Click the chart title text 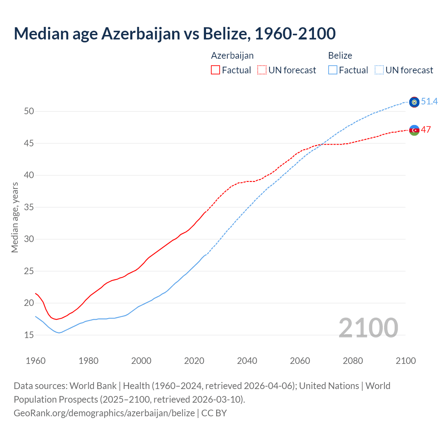pos(175,34)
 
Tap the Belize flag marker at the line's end pos(414,102)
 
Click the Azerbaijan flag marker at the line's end pos(414,130)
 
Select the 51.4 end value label pos(429,102)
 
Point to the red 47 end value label pos(426,130)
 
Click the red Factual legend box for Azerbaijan pos(215,70)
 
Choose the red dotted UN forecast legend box pos(262,70)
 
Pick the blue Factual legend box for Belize pos(333,70)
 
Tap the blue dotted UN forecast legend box pos(379,70)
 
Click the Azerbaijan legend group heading pos(232,56)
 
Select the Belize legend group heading pos(340,56)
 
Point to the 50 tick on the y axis pos(29,111)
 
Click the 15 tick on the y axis pos(29,335)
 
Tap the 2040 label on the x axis pos(247,361)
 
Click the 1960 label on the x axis pos(36,361)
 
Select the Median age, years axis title pos(15,217)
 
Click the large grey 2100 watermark pos(368,328)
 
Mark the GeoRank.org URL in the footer pos(104,413)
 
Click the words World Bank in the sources pos(93,386)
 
